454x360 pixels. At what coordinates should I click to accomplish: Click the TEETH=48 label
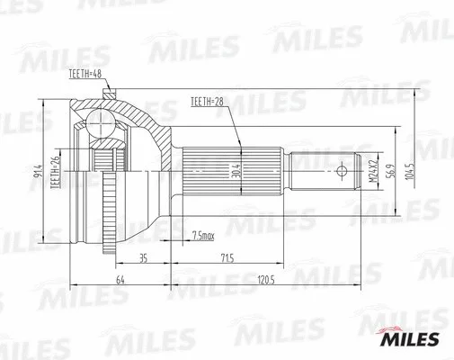click(85, 81)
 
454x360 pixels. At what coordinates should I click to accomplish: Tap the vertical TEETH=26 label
click(55, 169)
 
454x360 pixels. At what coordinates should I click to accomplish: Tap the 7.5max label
click(204, 236)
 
